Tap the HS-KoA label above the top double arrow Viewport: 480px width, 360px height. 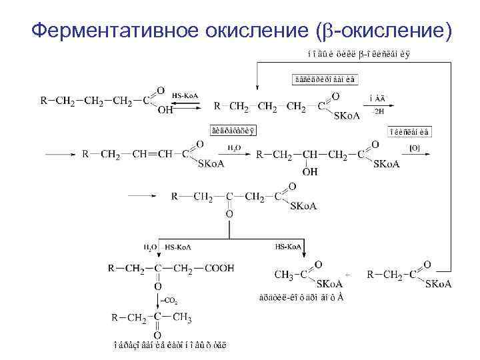click(x=184, y=95)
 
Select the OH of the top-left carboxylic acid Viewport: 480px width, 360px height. click(x=166, y=111)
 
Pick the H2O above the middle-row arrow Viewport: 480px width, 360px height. click(x=233, y=147)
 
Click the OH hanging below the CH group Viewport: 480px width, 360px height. click(x=309, y=171)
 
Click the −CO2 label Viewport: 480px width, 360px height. click(x=169, y=301)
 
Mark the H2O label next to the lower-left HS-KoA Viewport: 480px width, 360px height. click(x=150, y=247)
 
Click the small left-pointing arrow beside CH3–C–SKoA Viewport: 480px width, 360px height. click(x=348, y=274)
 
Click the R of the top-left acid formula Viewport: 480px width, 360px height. click(x=44, y=101)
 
